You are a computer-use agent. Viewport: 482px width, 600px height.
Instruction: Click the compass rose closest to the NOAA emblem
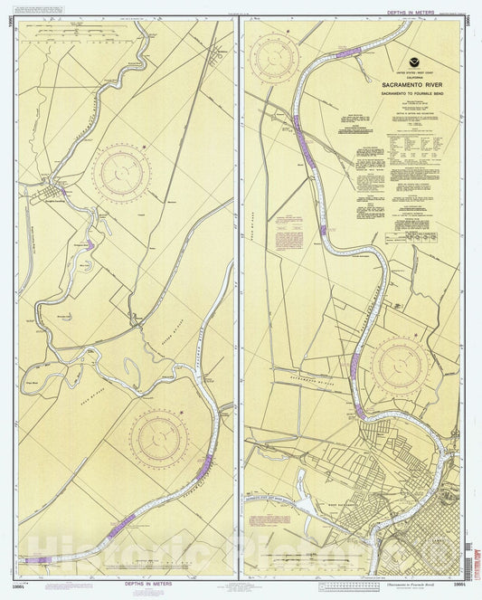275,56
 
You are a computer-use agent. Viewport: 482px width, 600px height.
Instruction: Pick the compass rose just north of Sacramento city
401,366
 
